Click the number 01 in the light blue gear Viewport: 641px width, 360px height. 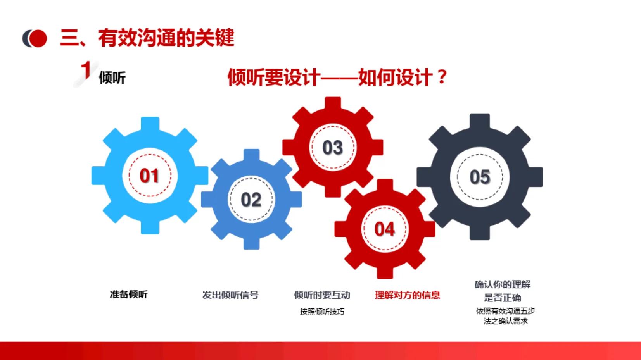click(x=149, y=176)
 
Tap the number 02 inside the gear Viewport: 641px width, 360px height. click(x=251, y=200)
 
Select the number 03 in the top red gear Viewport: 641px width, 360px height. click(x=333, y=148)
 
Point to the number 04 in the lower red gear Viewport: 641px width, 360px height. click(x=384, y=229)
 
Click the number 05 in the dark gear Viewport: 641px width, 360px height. click(x=480, y=177)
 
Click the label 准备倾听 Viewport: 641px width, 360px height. click(x=128, y=295)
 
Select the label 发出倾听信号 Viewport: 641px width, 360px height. click(x=230, y=295)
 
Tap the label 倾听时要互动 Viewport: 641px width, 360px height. click(x=322, y=295)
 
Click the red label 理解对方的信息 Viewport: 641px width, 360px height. click(x=407, y=295)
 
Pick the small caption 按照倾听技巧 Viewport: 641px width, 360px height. click(x=322, y=312)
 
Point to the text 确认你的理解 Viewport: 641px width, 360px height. click(x=502, y=284)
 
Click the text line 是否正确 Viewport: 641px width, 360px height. click(x=502, y=298)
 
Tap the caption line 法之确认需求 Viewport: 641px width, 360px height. click(x=505, y=321)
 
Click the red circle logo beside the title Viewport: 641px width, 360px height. click(x=38, y=38)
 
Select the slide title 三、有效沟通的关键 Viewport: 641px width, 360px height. click(x=147, y=38)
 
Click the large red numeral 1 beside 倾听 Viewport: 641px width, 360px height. click(x=86, y=71)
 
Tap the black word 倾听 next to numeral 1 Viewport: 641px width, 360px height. click(x=112, y=78)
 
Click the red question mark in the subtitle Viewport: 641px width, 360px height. click(x=441, y=77)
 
